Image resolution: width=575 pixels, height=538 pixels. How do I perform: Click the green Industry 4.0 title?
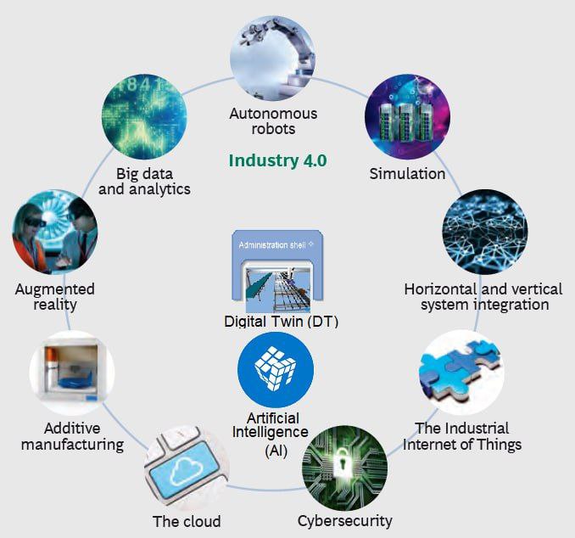tap(277, 160)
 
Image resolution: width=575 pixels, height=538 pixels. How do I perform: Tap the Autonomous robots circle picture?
tap(272, 59)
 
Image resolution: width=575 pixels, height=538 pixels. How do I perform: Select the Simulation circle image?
tap(407, 118)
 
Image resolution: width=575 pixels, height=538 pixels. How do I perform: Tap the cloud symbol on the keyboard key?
tap(184, 469)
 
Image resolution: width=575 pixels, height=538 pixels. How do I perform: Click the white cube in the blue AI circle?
tap(276, 369)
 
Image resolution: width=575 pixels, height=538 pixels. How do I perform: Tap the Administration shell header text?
tap(272, 244)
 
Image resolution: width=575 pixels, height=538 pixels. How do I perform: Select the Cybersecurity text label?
tap(344, 520)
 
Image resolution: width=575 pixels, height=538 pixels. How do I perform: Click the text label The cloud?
tap(187, 521)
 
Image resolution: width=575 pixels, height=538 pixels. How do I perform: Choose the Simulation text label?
tap(407, 174)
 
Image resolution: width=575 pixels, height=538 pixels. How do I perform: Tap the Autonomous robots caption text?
tap(273, 121)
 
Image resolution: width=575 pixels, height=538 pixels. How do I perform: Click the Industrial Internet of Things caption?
tap(462, 436)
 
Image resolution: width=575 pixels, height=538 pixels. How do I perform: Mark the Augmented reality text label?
tap(54, 297)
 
